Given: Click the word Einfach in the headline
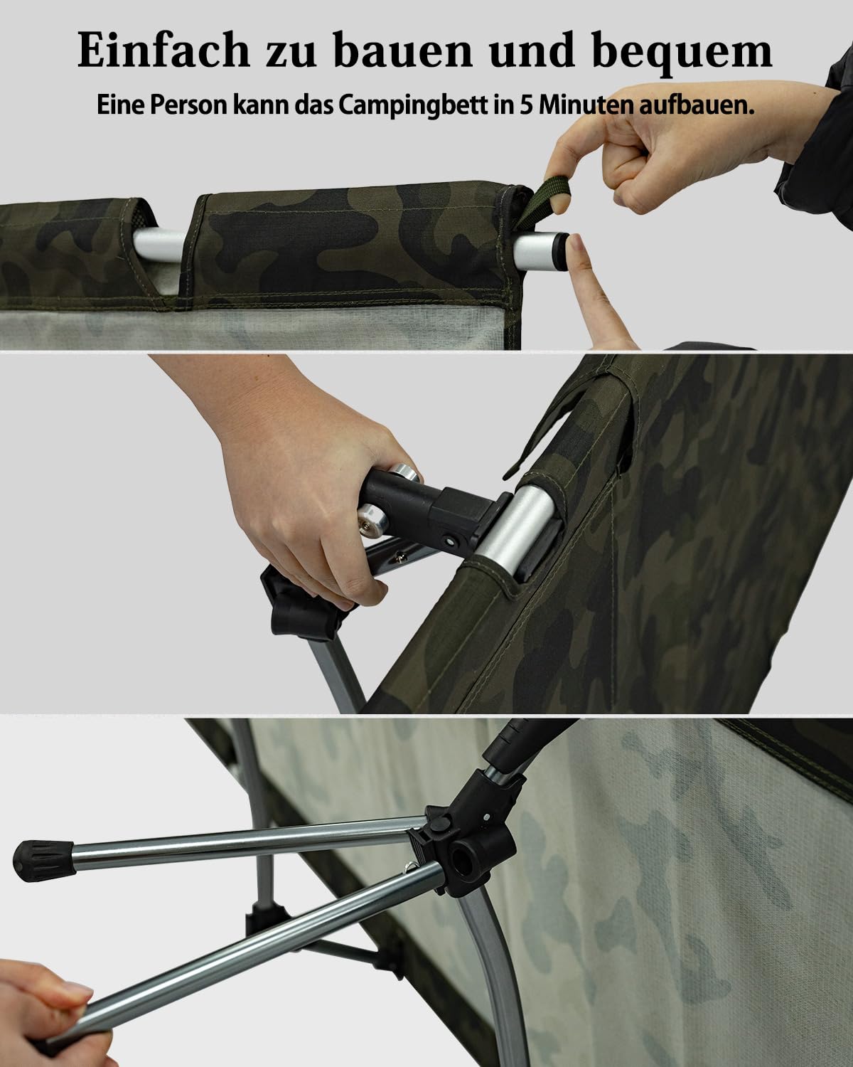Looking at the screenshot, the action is tap(163, 50).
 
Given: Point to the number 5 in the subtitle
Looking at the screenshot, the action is tap(526, 105).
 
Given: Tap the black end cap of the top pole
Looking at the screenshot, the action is tap(562, 251).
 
